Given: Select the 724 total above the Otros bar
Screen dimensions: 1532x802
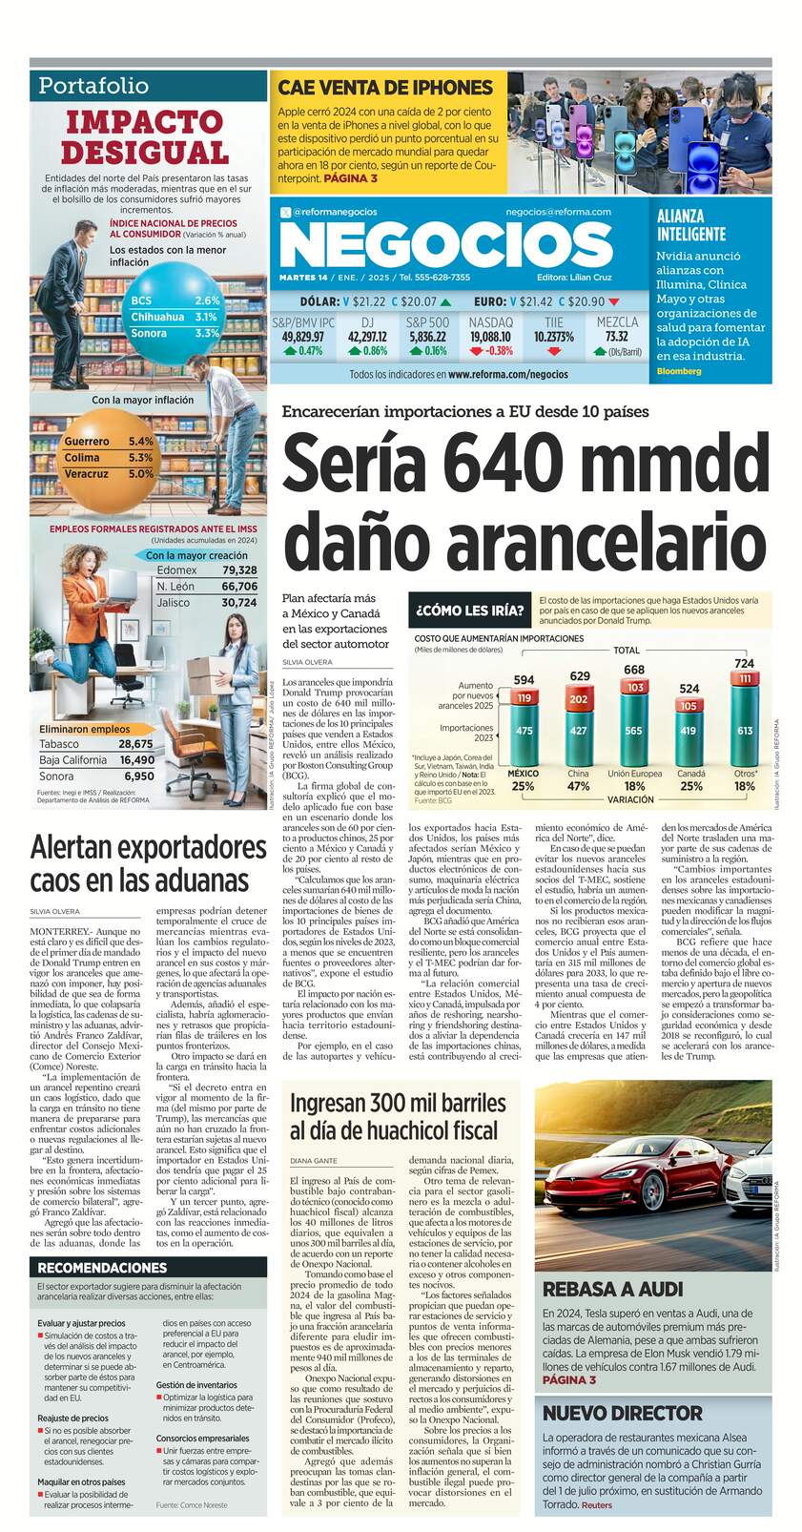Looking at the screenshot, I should point(744,663).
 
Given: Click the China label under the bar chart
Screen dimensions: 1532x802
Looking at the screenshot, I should point(578,774).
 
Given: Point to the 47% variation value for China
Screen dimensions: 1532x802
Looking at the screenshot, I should point(578,787).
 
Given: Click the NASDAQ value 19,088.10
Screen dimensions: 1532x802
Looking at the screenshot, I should point(491,337).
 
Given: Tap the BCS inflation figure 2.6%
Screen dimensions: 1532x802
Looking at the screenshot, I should point(207,300).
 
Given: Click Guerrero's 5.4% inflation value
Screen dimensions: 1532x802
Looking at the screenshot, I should point(141,442).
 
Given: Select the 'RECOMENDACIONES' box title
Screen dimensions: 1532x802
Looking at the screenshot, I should point(102,1268).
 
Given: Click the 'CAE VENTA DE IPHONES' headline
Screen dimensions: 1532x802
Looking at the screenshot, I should point(385,88).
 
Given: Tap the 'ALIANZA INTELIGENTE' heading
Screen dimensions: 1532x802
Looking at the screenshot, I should point(691,224).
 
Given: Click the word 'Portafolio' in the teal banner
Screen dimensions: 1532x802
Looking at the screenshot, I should point(93,86).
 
